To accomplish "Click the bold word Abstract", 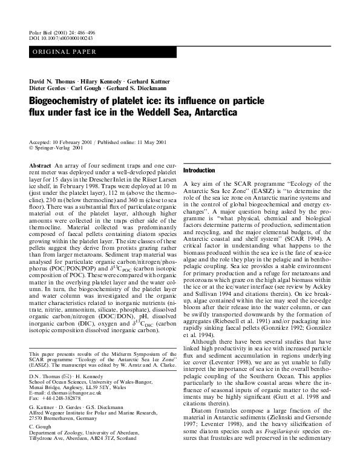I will click(39, 165).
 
